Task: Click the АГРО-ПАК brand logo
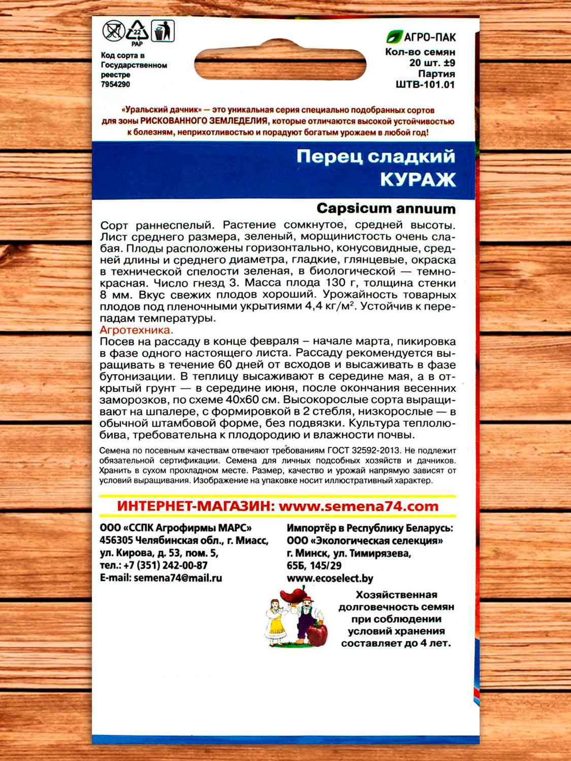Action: pos(421,37)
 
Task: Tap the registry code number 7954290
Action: pos(115,84)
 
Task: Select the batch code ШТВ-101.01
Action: pos(425,85)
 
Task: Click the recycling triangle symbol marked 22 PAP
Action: pos(137,31)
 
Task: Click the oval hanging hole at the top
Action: pos(280,64)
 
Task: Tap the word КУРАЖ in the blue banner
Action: pos(418,180)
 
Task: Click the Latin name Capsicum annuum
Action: pos(386,209)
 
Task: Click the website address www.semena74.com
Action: pos(358,506)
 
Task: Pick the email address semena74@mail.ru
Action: pos(178,578)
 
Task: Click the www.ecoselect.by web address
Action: pos(330,578)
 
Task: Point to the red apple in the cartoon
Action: pos(318,635)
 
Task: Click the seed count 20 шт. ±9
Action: pos(432,63)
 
